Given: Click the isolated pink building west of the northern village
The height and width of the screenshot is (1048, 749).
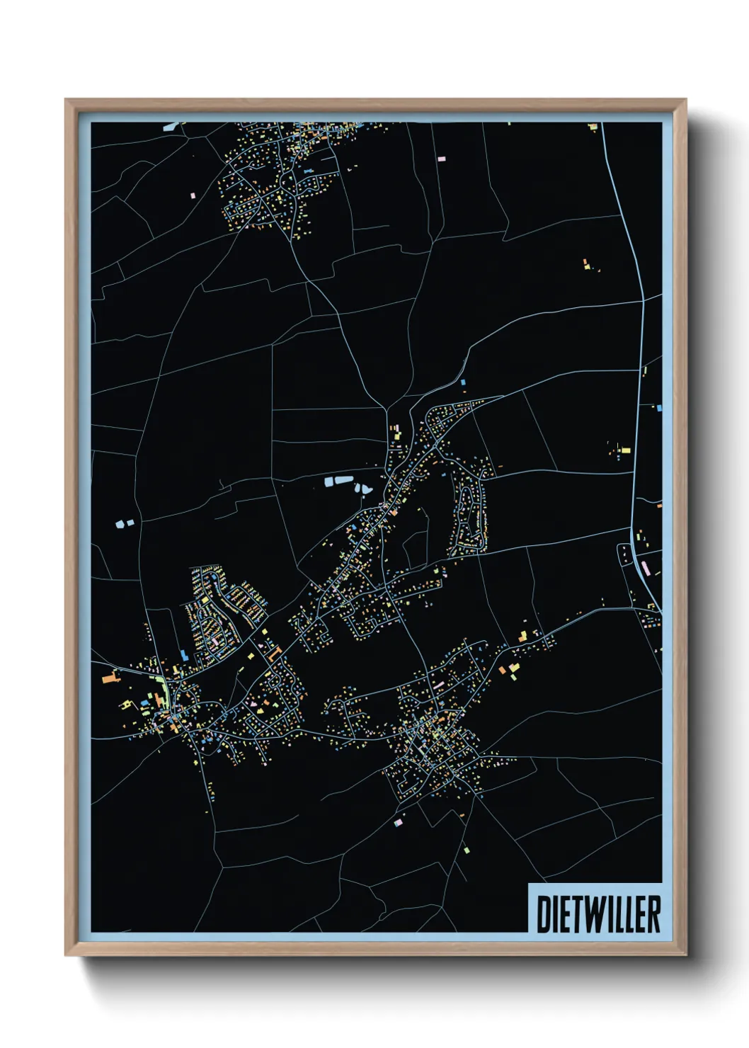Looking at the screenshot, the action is coord(193,193).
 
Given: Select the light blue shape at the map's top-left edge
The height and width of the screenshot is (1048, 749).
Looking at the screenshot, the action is coord(171,127).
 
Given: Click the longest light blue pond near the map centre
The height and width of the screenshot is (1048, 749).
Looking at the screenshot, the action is coord(343,480).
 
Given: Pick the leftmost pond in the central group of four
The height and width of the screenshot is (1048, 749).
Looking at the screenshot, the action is coord(328,482).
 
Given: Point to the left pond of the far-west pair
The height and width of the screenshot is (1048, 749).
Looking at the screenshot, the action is coord(119,525).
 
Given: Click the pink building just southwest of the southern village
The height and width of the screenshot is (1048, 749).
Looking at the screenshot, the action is coord(398,822).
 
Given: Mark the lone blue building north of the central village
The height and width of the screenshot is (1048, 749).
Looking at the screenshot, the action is coord(463,382).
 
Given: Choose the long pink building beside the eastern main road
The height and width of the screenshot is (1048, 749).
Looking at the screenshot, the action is coord(645,566).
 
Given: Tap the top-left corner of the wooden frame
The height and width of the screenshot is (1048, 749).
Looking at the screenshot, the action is coord(66,101).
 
